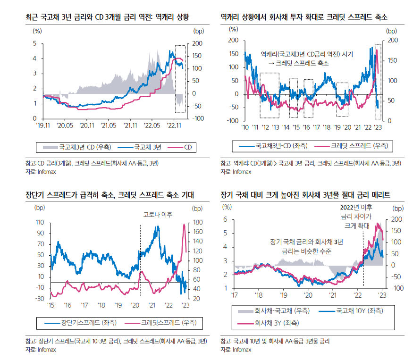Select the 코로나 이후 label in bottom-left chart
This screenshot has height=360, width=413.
click(157, 214)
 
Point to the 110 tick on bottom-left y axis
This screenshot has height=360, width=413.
click(40, 222)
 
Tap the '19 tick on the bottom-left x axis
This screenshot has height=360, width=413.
click(118, 305)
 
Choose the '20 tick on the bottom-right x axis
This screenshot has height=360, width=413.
click(308, 295)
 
